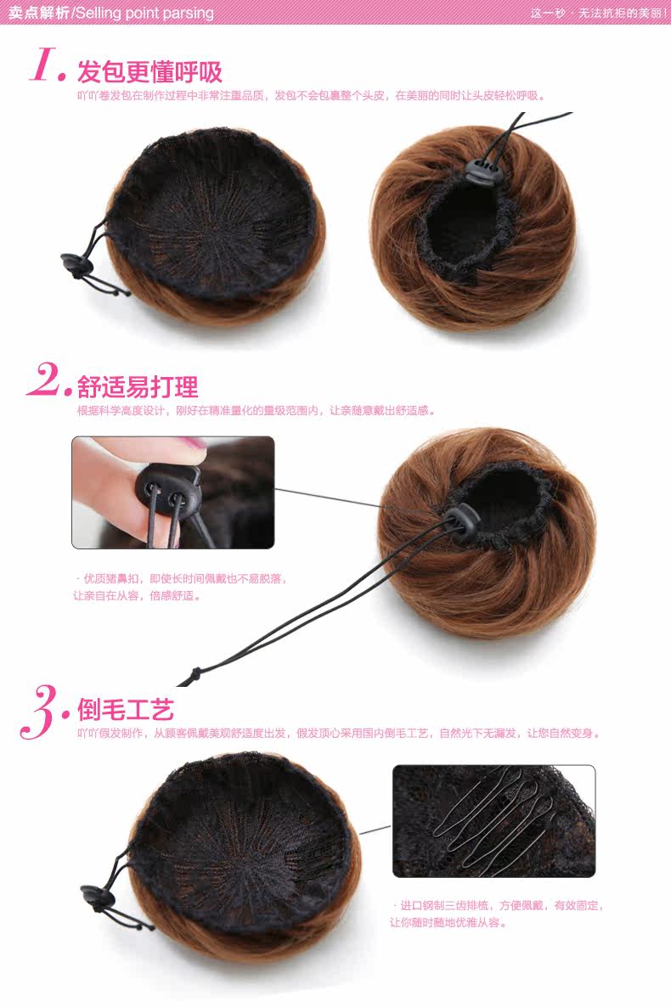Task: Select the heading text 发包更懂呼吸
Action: pyautogui.click(x=149, y=71)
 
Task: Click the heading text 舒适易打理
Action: pyautogui.click(x=138, y=387)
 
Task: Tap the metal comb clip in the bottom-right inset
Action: pyautogui.click(x=493, y=819)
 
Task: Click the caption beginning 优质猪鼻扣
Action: pyautogui.click(x=182, y=587)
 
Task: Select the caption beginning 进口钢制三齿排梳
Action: pyautogui.click(x=497, y=913)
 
